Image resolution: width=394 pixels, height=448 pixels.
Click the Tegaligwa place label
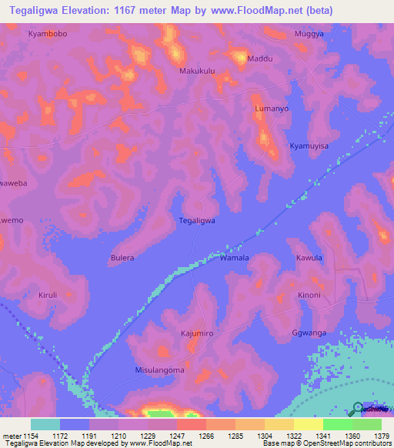pos(196,220)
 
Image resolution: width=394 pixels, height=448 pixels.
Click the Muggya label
pos(310,35)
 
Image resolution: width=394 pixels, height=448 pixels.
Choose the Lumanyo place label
pos(272,109)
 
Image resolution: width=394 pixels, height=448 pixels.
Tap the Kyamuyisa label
pos(309,145)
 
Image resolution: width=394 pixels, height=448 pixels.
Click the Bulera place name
pos(122,258)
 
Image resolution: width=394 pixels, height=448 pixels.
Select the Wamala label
pos(235,259)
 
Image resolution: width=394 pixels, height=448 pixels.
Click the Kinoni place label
pos(309,296)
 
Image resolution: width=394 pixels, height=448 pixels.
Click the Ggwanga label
pos(309,333)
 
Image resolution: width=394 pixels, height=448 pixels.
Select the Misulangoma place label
pos(159,370)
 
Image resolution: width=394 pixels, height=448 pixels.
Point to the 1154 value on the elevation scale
pos(31,436)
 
